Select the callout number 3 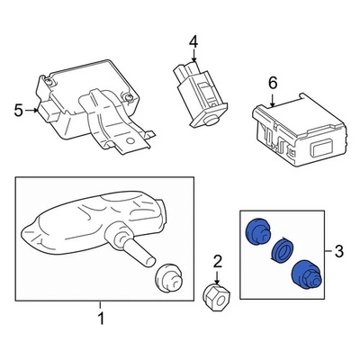coord(338,248)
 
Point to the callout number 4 coord(193,41)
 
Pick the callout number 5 coord(17,111)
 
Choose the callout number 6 coord(271,84)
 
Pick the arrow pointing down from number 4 coord(193,56)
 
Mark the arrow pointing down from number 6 coord(271,98)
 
